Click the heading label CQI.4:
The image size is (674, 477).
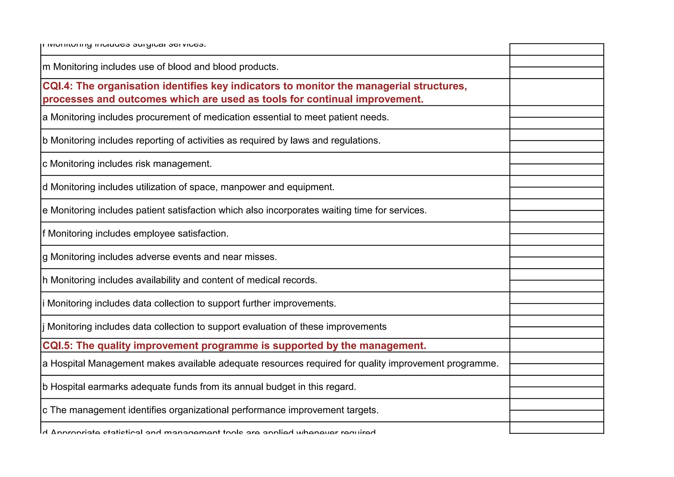58,86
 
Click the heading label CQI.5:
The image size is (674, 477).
58,346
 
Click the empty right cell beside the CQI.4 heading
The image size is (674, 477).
557,92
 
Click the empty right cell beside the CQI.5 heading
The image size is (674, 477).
557,345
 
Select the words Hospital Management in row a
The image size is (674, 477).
97,364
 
